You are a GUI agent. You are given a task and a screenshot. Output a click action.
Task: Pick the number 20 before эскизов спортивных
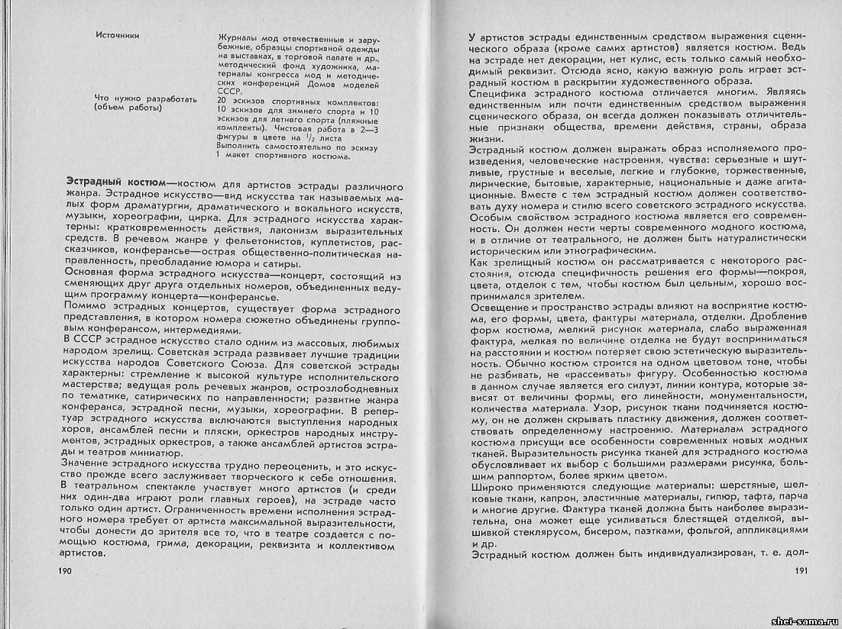pyautogui.click(x=222, y=101)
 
